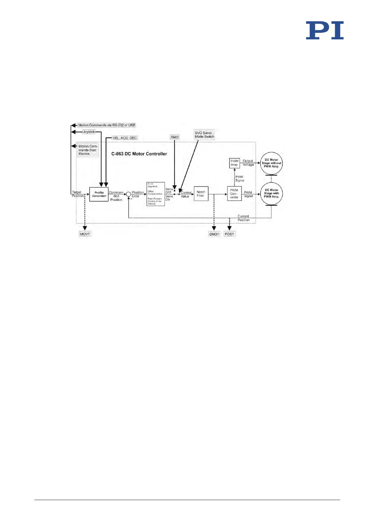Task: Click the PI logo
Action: [325, 30]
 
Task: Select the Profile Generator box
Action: [99, 194]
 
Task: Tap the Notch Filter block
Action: [201, 194]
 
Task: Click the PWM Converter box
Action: [234, 194]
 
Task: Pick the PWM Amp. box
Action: [234, 163]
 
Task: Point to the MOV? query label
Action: [85, 234]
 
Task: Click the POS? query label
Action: [229, 234]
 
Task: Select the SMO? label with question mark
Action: [214, 234]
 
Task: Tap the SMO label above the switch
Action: [175, 137]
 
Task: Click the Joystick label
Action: [89, 132]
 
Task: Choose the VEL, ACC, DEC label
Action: [125, 138]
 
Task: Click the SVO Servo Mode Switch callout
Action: [204, 135]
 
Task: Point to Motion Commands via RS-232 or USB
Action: [107, 125]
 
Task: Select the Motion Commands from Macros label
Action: [87, 150]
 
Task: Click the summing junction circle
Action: [128, 194]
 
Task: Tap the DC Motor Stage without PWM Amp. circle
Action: [271, 163]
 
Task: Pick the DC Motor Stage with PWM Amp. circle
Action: [271, 193]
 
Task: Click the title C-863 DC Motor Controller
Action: [139, 154]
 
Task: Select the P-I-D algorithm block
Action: [155, 194]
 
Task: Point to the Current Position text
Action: [243, 218]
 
